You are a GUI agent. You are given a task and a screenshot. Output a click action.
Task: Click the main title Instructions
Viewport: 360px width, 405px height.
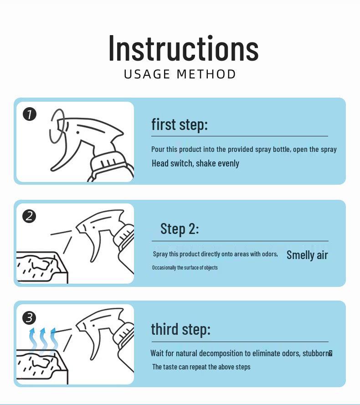pos(184,48)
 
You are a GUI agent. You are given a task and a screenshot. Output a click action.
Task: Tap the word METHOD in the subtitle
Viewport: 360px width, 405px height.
pos(206,74)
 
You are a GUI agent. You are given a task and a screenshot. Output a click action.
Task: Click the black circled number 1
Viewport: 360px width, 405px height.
pos(30,114)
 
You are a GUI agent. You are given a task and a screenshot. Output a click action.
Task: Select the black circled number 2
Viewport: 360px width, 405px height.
pos(29,216)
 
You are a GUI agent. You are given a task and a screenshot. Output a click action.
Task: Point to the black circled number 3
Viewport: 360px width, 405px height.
pos(29,318)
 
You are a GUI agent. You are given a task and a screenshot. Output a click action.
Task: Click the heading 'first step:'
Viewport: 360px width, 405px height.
pos(180,125)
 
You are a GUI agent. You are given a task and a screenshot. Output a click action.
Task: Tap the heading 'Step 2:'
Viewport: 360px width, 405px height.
pos(180,229)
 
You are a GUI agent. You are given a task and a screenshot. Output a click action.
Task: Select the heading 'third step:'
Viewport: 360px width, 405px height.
pos(180,329)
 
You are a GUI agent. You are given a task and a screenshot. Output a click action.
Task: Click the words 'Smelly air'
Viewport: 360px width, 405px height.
pos(307,255)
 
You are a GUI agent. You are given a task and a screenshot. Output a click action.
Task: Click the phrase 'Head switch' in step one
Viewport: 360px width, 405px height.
pos(172,163)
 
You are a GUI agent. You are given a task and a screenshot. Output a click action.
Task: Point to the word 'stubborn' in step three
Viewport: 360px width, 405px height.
pos(316,353)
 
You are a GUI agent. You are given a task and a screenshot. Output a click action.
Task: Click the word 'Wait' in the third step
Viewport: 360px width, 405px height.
pos(157,353)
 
